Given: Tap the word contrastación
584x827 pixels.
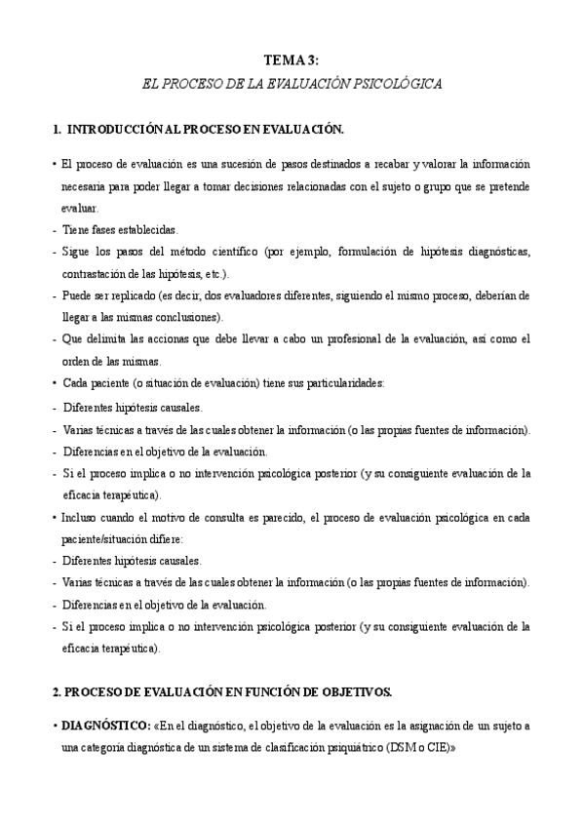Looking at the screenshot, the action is (97, 274).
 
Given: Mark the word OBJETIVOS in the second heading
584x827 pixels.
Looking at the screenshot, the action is (353, 692).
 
